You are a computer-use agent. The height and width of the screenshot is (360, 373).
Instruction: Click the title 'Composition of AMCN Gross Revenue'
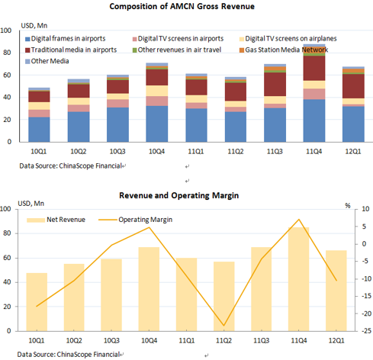click(x=182, y=6)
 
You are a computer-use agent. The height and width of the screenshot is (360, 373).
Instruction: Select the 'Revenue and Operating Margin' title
click(x=179, y=195)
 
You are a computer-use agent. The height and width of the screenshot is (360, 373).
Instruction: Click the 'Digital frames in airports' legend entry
click(x=66, y=39)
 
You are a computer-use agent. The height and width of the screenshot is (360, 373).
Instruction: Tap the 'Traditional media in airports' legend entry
click(x=71, y=50)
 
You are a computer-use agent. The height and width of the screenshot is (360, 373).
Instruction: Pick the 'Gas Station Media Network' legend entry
click(x=284, y=50)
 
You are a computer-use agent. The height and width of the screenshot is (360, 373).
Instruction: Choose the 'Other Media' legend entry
click(x=47, y=61)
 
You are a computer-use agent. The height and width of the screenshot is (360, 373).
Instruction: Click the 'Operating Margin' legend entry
click(x=136, y=220)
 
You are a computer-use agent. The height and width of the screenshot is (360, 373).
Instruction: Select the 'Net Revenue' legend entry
click(x=56, y=220)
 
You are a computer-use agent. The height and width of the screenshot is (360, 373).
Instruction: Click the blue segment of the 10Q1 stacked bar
click(x=39, y=130)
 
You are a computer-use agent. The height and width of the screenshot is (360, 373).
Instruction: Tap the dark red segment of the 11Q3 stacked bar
click(x=275, y=85)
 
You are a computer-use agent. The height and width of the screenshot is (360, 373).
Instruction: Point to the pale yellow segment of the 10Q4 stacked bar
click(x=157, y=91)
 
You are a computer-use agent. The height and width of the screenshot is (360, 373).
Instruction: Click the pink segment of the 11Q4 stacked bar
click(x=314, y=94)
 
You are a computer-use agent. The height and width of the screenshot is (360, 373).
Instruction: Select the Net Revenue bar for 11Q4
click(x=299, y=279)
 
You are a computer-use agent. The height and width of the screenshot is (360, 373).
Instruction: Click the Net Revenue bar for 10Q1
click(x=37, y=302)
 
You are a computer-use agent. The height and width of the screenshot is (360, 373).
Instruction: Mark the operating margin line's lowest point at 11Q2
click(x=224, y=326)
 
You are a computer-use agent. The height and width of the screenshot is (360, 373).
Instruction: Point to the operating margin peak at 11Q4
click(x=299, y=219)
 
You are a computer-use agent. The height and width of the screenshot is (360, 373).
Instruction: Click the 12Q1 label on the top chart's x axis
click(x=353, y=152)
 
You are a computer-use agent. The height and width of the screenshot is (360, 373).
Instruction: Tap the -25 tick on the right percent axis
click(x=366, y=331)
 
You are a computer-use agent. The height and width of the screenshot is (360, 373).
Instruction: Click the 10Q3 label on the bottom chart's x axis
click(x=111, y=340)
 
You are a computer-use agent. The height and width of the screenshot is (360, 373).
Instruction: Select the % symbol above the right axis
click(x=348, y=206)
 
